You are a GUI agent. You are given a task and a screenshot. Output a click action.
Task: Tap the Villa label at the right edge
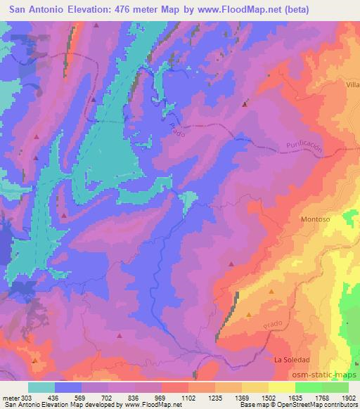pyautogui.click(x=352, y=84)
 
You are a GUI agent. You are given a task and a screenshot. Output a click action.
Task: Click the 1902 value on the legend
pyautogui.click(x=348, y=397)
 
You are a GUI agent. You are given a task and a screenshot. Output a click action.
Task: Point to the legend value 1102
pyautogui.click(x=188, y=397)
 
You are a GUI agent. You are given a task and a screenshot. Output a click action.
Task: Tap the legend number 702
pyautogui.click(x=108, y=397)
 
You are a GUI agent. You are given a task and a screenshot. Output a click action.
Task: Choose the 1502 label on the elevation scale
pyautogui.click(x=269, y=397)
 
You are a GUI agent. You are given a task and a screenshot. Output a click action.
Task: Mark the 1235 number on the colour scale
pyautogui.click(x=215, y=397)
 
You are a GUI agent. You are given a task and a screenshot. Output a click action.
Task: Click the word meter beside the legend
pyautogui.click(x=11, y=397)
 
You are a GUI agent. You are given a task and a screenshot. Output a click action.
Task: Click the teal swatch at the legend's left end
pyautogui.click(x=41, y=387)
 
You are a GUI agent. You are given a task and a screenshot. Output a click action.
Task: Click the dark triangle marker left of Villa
pyautogui.click(x=245, y=104)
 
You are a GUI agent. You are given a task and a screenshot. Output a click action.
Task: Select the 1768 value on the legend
pyautogui.click(x=321, y=397)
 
